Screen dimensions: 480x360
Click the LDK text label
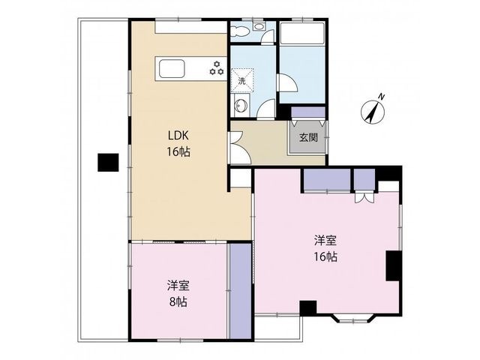pos(178,135)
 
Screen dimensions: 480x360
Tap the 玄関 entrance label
pos(308,138)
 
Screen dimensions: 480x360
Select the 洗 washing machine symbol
pos(242,80)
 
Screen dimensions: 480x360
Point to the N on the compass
pos(381,97)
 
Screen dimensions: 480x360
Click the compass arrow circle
pos(373,112)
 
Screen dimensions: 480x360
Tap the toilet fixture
pos(238,31)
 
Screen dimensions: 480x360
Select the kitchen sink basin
pos(172,69)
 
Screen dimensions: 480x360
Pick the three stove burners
pos(217,68)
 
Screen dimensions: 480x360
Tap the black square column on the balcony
pos(108,163)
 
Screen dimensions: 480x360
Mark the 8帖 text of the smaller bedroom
pos(178,302)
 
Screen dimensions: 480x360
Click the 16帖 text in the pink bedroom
pos(325,256)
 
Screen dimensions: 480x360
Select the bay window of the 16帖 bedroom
pos(353,318)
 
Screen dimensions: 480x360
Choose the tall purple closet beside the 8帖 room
pos(241,291)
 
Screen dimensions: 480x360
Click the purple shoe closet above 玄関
pos(307,112)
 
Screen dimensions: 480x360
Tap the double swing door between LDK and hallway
pos(239,148)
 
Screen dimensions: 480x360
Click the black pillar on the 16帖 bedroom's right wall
pos(394,265)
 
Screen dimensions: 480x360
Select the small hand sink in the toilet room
pos(259,27)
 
